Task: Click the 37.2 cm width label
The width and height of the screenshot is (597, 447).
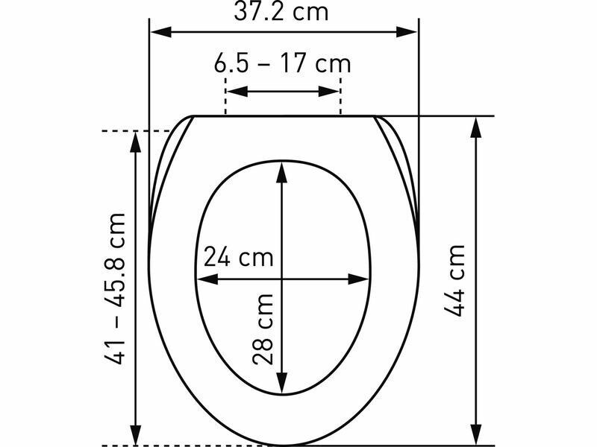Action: [281, 11]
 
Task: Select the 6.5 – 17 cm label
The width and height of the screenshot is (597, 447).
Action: [282, 63]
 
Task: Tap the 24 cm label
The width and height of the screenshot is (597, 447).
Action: [238, 256]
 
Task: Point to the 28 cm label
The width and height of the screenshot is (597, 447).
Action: [263, 329]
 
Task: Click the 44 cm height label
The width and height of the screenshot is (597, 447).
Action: [454, 281]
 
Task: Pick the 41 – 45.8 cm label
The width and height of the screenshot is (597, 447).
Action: [115, 289]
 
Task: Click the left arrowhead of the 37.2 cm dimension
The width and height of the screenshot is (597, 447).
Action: [160, 32]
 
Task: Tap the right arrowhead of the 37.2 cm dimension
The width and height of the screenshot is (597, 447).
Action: [407, 32]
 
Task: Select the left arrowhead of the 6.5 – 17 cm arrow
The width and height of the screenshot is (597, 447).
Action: [237, 91]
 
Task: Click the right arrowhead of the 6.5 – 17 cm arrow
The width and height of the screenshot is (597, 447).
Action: [328, 91]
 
